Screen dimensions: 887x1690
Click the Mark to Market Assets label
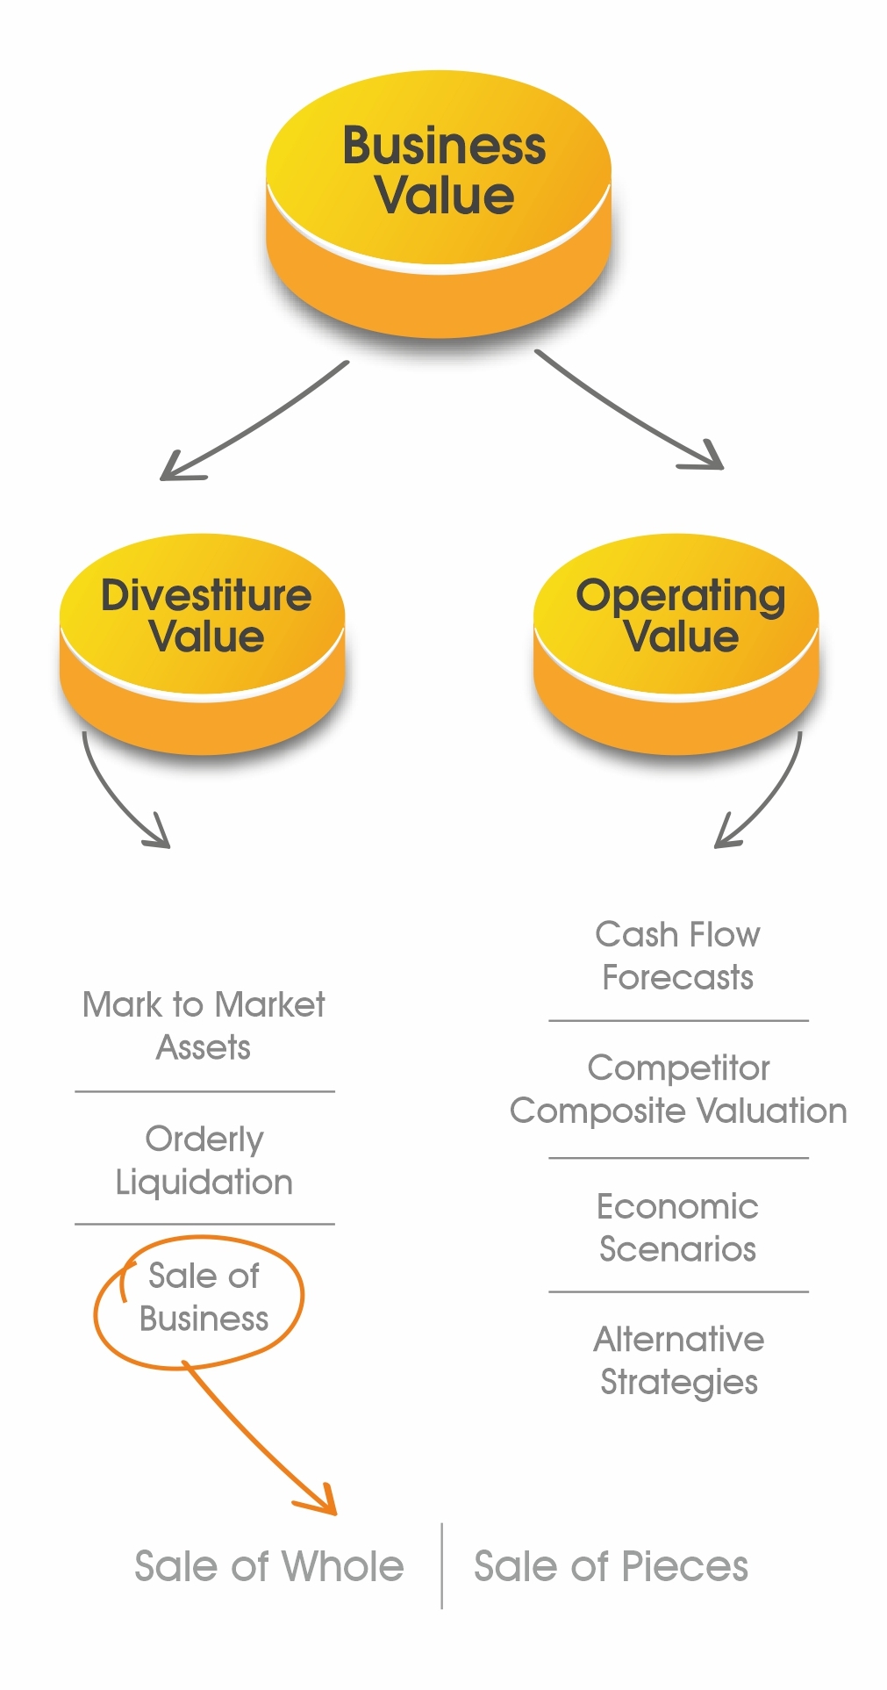point(204,1025)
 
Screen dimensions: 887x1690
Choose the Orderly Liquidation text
point(204,1160)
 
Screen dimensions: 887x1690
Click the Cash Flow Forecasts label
point(678,955)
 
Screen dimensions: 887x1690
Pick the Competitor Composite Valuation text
point(679,1090)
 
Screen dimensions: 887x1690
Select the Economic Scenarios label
point(678,1227)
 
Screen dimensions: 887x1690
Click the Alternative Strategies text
point(679,1361)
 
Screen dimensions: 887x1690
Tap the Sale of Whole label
point(269,1566)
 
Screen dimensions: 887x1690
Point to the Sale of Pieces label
point(612,1566)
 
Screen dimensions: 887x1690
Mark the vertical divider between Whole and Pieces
point(441,1566)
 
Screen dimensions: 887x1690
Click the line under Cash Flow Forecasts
point(678,1021)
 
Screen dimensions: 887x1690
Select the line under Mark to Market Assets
point(204,1091)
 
